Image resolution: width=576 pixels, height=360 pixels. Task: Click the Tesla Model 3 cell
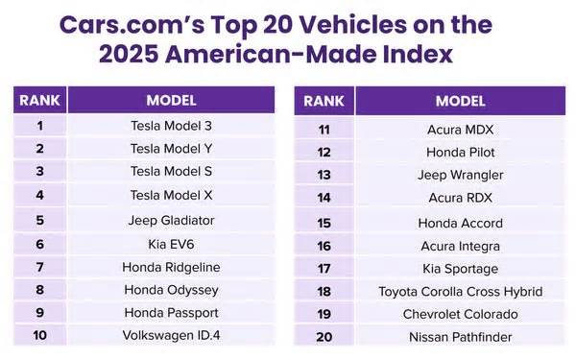point(171,125)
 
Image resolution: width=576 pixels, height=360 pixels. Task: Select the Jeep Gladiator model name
point(171,219)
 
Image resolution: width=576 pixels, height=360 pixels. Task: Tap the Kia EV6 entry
point(171,243)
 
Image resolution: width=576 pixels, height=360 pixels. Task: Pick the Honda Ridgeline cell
point(171,266)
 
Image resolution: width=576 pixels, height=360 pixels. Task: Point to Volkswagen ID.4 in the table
point(171,336)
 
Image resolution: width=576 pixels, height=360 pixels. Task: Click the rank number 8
point(39,289)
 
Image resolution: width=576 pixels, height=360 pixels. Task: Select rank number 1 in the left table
point(39,125)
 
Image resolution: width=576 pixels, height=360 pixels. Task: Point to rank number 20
point(324,337)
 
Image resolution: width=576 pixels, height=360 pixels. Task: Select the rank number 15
point(324,223)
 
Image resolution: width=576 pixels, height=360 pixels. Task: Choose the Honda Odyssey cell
point(171,289)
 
